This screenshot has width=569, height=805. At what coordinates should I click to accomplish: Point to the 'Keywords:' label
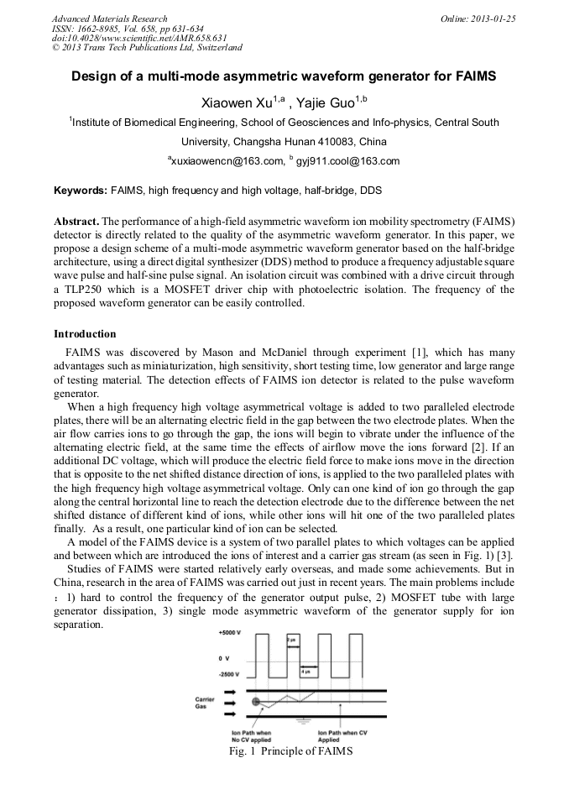pos(81,191)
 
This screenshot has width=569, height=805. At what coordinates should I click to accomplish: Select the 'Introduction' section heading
pos(85,334)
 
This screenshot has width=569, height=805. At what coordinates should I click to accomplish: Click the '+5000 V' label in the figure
pos(227,630)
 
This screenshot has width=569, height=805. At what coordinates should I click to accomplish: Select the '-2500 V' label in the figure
pos(227,674)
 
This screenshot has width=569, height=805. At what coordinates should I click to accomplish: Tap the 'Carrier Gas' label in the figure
pos(206,702)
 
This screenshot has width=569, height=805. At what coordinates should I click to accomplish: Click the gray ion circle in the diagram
pos(255,701)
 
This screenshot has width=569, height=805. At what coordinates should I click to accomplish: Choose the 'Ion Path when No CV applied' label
pos(251,736)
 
